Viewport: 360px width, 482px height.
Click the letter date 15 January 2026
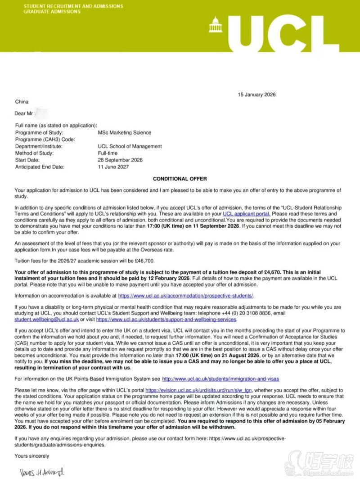[256, 95]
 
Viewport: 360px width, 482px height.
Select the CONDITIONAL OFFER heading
[180, 179]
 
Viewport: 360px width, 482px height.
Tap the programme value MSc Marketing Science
[125, 133]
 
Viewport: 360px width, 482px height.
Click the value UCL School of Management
[130, 146]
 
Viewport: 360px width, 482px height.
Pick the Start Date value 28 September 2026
[120, 160]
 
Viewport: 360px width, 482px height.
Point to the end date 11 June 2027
[113, 167]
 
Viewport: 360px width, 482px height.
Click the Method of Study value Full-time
[108, 153]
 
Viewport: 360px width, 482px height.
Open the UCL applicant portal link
[247, 214]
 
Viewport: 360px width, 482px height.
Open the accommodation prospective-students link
[186, 296]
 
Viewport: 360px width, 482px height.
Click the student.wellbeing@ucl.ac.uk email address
[47, 319]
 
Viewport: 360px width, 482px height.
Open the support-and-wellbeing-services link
[166, 319]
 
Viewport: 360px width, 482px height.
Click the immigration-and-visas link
[224, 379]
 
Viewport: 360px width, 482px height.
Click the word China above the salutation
[22, 102]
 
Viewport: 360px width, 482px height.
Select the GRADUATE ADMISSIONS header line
[52, 12]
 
